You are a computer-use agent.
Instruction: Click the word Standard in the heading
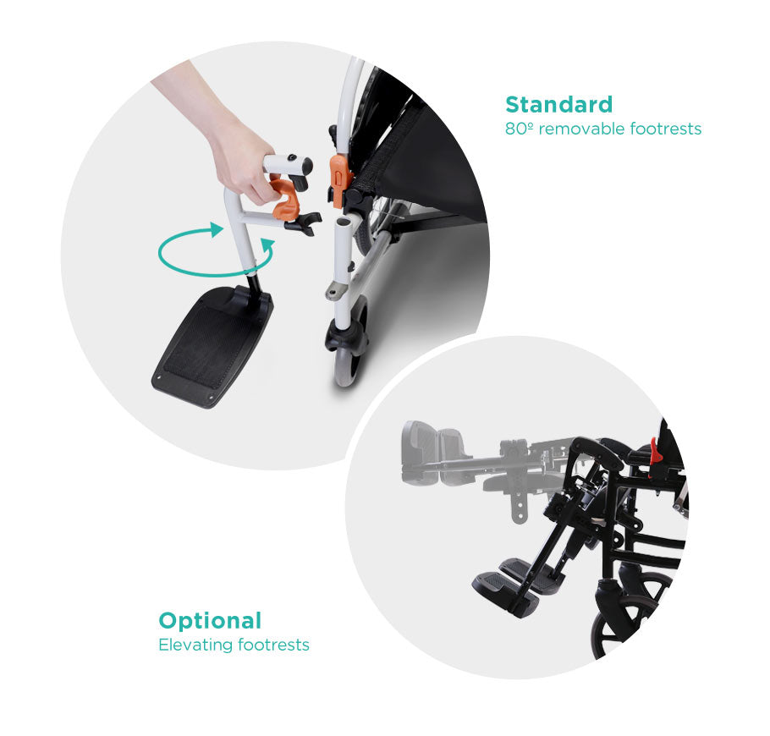click(x=558, y=105)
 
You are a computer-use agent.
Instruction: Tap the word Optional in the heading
click(x=210, y=620)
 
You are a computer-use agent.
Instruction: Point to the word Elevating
click(x=195, y=645)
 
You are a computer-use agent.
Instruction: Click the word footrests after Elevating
click(x=273, y=645)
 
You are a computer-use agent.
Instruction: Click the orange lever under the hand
click(x=288, y=196)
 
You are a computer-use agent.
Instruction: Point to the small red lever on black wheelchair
click(x=655, y=452)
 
